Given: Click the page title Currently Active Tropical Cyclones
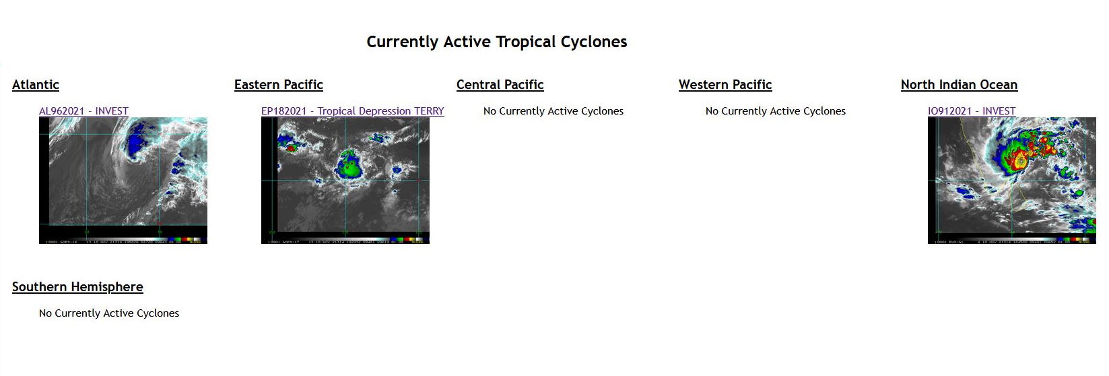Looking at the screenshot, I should click(496, 42).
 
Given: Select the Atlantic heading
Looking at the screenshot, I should click(36, 85).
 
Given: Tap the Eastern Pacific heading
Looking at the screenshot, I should click(278, 85).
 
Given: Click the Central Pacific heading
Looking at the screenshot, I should click(500, 85).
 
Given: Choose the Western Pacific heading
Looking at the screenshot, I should click(725, 85).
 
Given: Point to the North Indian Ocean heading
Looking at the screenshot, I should click(959, 85).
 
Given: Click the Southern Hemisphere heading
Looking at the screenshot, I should click(77, 287).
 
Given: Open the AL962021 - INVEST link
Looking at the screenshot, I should click(83, 111).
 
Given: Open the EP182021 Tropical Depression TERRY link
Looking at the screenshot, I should click(352, 111).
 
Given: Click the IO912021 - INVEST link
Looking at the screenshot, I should click(971, 111).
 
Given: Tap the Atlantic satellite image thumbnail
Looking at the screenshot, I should click(123, 181).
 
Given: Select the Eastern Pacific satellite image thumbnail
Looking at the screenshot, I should click(345, 181).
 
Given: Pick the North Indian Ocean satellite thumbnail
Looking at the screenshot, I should click(1011, 181).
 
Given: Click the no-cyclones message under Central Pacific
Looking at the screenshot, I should click(553, 111).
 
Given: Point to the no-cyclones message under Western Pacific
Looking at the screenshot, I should click(775, 111).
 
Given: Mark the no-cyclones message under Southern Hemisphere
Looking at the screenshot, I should click(109, 313).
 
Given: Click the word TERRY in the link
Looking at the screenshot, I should click(429, 111).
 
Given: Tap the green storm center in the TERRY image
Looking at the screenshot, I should click(349, 165).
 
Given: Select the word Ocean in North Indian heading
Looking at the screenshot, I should click(999, 85).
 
